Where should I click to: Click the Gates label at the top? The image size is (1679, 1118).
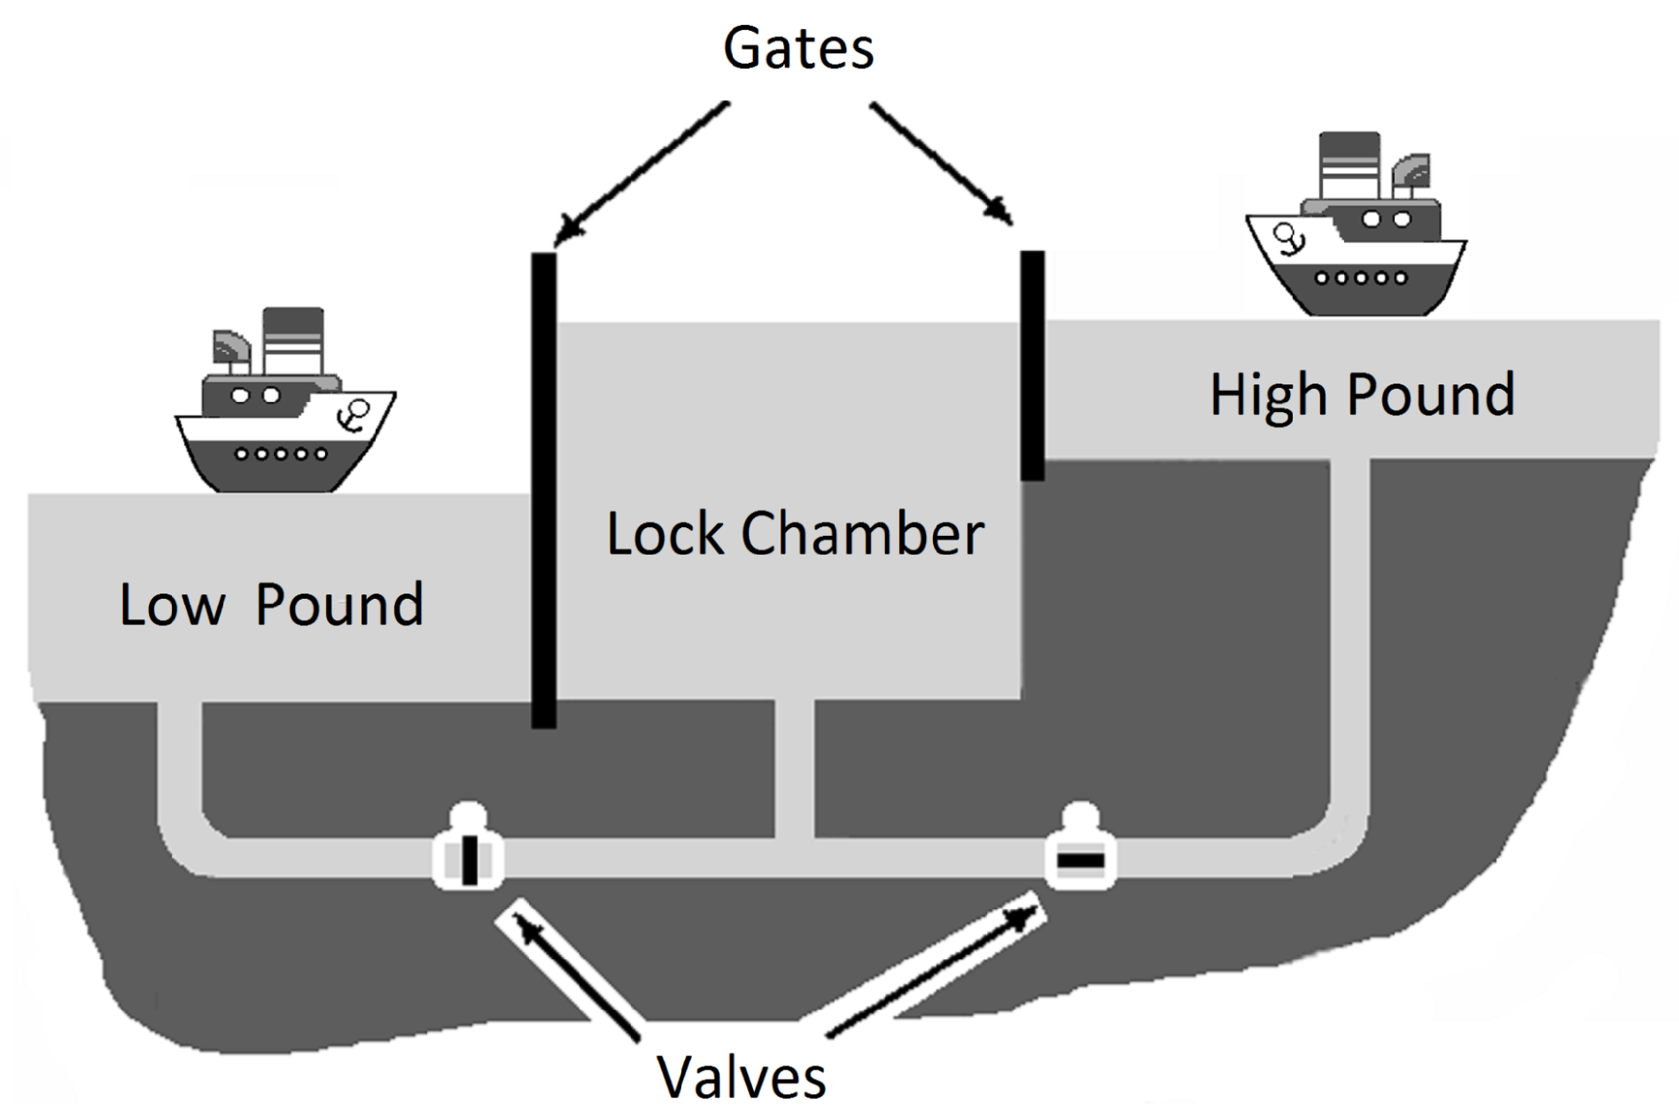point(798,49)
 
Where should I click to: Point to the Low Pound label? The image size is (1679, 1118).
point(272,605)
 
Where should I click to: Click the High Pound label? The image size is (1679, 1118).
point(1363,396)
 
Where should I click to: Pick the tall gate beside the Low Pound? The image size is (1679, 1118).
point(544,491)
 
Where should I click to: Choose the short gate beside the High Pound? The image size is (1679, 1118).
point(1032,366)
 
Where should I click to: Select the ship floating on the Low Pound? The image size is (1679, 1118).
point(285,400)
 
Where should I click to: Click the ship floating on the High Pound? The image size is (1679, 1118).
point(1356,225)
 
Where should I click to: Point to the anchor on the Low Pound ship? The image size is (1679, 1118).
point(356,415)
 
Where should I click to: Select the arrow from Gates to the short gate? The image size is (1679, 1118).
point(941,163)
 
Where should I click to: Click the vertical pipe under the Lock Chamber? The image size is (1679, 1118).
point(795,769)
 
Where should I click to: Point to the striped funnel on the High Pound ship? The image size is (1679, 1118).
point(1349,166)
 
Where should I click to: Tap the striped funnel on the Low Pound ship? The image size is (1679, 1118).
point(293,341)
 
